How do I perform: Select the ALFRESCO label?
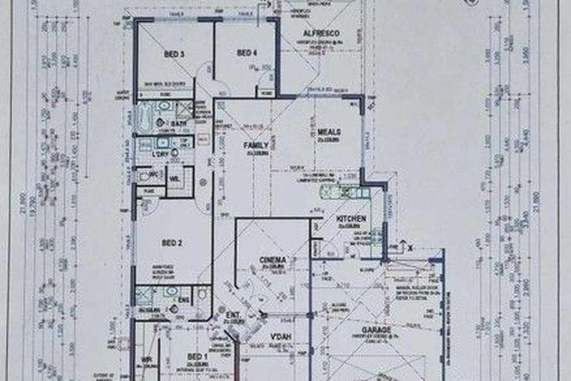coord(318,34)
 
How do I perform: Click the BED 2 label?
coord(173,243)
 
